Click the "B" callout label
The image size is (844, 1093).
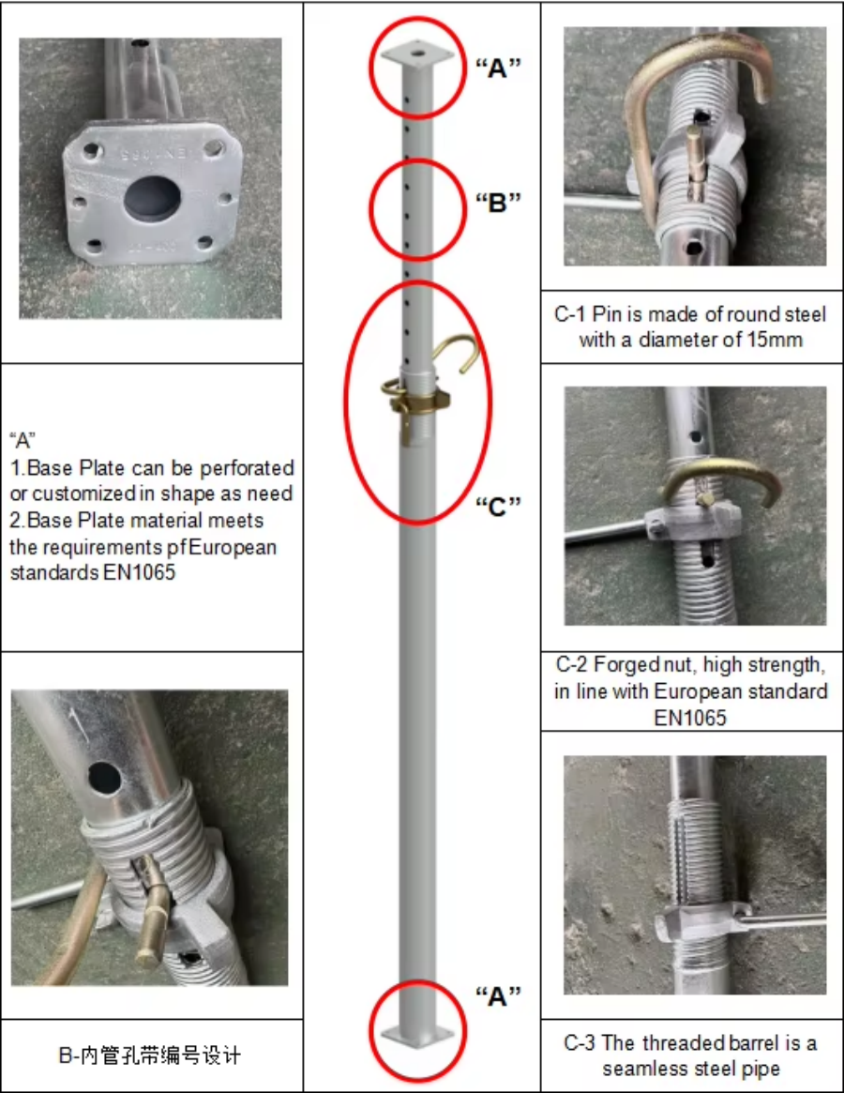tap(498, 202)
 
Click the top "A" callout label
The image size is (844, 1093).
tap(498, 67)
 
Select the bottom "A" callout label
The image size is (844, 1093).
tap(498, 996)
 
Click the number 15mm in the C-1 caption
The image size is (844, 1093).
tap(775, 340)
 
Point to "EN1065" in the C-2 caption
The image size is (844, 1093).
tap(690, 718)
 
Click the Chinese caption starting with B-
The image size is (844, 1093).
tap(150, 1056)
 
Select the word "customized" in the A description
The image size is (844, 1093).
tap(77, 493)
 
